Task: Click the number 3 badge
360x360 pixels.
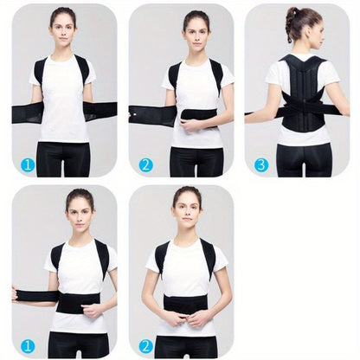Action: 261,164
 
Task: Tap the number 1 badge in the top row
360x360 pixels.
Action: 28,164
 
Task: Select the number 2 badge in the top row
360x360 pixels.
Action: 145,164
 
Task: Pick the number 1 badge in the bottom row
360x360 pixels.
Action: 28,344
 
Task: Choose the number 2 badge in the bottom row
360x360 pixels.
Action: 145,344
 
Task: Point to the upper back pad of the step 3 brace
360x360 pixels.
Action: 302,73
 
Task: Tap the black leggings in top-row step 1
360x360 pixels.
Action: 63,160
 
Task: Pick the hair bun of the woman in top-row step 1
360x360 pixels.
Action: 62,12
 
